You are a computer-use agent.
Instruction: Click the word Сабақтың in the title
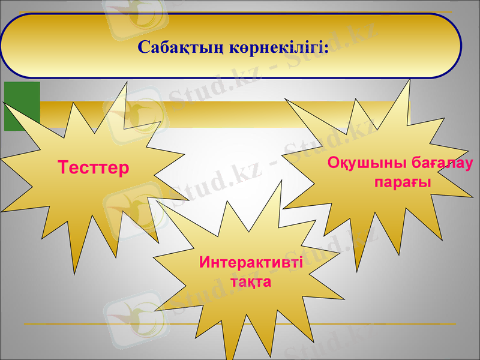181,47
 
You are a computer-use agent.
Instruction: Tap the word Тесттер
94,167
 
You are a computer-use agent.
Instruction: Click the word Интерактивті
251,262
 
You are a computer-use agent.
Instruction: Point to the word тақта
251,281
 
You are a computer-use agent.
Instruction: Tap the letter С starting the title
143,47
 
